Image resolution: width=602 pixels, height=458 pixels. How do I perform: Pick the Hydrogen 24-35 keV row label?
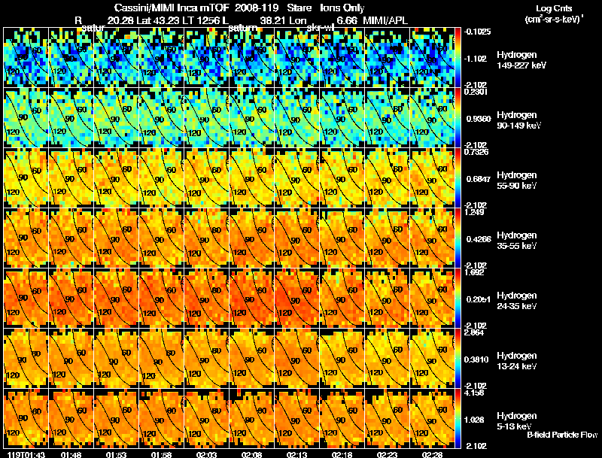click(x=518, y=301)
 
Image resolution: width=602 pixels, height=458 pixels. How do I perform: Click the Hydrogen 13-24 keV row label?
click(x=518, y=361)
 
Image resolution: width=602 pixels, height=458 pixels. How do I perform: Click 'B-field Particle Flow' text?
click(x=562, y=435)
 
